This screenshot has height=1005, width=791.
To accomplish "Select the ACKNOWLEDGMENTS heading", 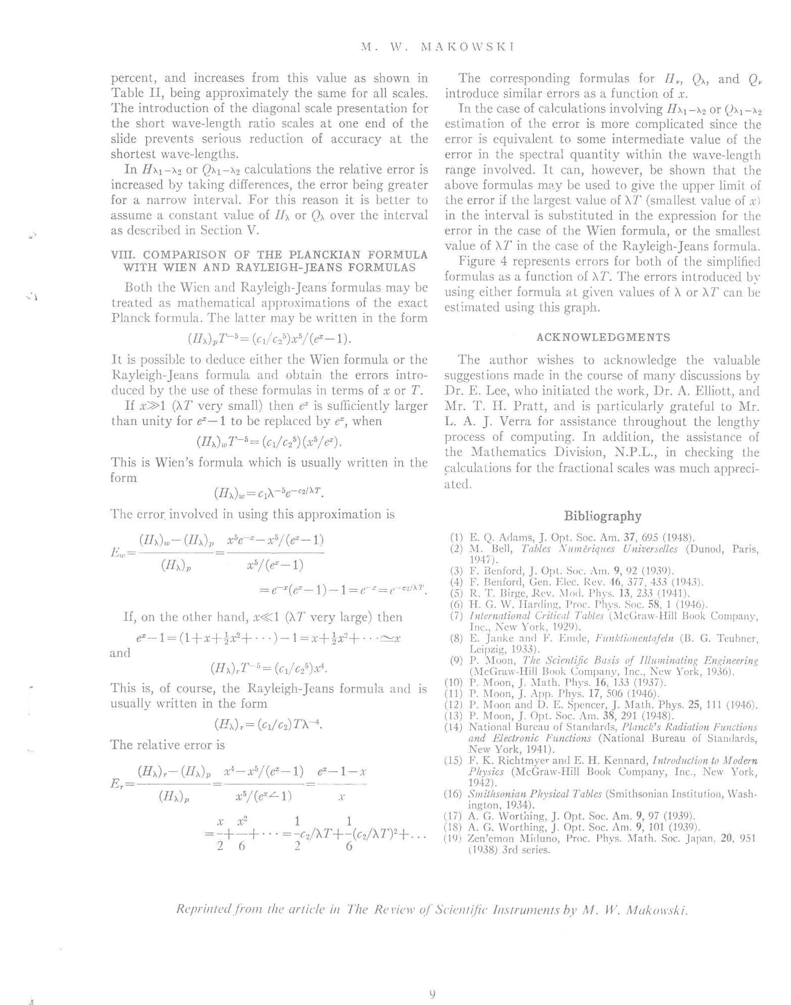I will point(603,338).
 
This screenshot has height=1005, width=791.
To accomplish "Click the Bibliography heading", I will point(602,516).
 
